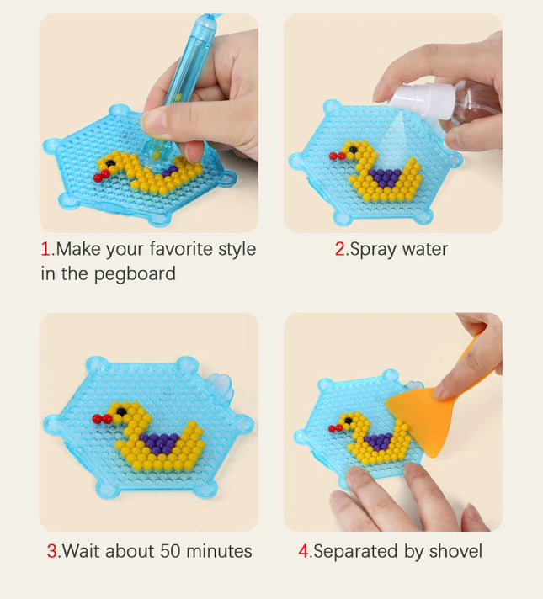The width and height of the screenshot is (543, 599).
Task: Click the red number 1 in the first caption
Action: point(45,249)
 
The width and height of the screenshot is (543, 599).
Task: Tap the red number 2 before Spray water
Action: point(339,249)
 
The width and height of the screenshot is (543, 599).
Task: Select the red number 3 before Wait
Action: point(51,551)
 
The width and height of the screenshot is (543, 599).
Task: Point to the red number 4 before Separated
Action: point(303,551)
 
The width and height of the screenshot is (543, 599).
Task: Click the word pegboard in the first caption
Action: point(135,274)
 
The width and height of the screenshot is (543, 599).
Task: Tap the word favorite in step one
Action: point(181,249)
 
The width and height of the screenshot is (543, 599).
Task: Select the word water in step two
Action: point(424,250)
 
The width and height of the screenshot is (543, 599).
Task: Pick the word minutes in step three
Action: point(219,551)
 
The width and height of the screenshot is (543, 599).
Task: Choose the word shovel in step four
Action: point(455,551)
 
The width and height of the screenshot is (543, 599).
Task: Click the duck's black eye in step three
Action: point(121,411)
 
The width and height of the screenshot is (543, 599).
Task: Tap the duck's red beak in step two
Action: point(337,156)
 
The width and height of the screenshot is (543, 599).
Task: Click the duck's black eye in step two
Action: point(354,150)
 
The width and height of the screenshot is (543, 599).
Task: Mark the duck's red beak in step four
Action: point(335,428)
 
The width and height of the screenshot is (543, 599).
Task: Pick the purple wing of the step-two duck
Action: point(385,178)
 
